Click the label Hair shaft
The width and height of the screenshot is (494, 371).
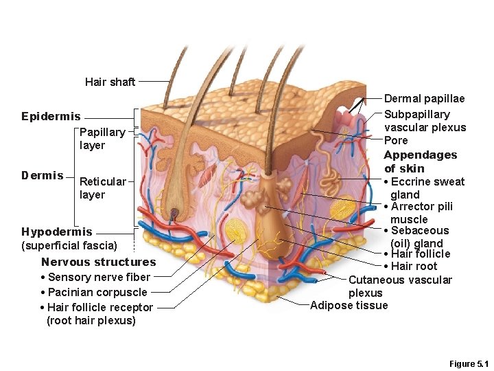pos(110,82)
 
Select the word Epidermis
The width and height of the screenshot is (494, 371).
pos(51,117)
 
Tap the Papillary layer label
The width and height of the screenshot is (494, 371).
pos(102,139)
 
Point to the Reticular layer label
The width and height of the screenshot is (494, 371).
pos(102,188)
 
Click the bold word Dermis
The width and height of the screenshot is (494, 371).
pos(42,175)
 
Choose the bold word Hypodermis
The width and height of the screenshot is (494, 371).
pos(56,232)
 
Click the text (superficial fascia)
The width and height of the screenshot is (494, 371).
pos(69,245)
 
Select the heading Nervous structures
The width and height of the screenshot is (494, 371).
pos(98,262)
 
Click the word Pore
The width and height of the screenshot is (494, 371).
pos(396,140)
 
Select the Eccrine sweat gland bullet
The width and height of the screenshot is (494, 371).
pos(427,188)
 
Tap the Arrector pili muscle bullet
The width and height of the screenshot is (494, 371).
pos(421,212)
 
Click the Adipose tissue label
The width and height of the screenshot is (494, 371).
pos(349,306)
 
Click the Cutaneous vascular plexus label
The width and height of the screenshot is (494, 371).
pos(400,286)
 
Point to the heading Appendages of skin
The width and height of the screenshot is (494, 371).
pos(420,161)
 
